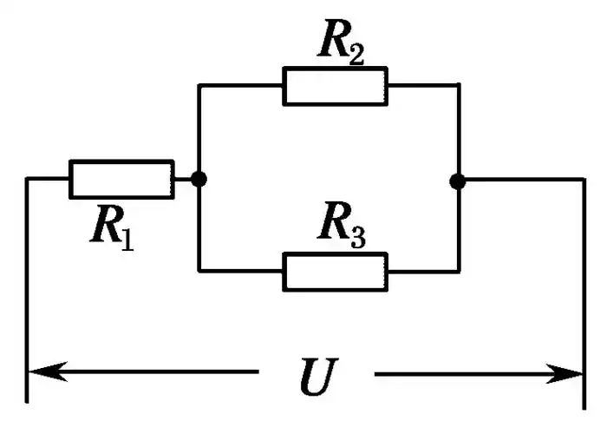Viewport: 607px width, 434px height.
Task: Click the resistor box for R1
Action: coord(121,179)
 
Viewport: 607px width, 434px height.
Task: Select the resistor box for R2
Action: coord(336,85)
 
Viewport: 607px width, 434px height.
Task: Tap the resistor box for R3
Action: coord(336,272)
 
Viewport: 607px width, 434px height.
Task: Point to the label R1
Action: coord(112,226)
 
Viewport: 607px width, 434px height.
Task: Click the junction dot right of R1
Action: coord(199,179)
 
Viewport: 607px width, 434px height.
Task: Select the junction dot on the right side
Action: coord(458,181)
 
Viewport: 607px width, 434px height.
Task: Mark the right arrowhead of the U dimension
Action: coord(568,375)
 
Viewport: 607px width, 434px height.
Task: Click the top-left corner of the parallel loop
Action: coord(199,85)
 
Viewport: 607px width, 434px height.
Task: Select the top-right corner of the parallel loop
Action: coord(458,85)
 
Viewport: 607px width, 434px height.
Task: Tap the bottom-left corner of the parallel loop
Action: coord(199,272)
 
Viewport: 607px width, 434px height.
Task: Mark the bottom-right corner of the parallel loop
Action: coord(458,272)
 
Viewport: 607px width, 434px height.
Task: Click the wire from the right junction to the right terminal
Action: coord(520,180)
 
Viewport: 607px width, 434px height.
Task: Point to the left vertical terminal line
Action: coord(28,286)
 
